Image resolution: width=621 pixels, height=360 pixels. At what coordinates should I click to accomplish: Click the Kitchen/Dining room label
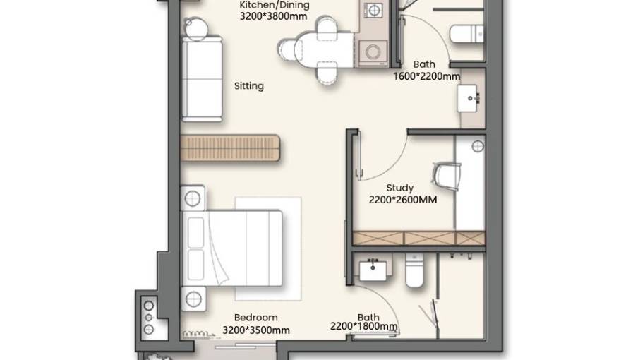coord(274,5)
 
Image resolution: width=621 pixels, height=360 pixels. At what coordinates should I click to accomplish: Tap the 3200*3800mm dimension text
coord(273,16)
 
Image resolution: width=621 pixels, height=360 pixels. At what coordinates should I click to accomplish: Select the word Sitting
coord(248,86)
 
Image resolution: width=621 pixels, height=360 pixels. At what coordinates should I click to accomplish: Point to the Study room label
coord(399,188)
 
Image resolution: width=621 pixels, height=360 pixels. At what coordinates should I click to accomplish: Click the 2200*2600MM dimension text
coord(403,200)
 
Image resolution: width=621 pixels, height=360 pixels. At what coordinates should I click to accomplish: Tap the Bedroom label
coord(255,318)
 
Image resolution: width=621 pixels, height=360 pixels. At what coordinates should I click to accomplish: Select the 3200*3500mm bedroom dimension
coord(256,330)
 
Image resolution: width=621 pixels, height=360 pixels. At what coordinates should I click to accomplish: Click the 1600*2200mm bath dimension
coord(426,76)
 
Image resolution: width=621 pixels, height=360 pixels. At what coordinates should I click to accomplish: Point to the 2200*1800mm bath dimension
coord(363,326)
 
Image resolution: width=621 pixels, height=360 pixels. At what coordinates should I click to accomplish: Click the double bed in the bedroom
coord(232,248)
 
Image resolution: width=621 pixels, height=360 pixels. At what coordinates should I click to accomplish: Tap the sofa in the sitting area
coord(202,78)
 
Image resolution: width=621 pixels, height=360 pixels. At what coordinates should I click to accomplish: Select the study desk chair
coord(446,176)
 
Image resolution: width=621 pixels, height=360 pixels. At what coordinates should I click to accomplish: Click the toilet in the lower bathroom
coord(415,270)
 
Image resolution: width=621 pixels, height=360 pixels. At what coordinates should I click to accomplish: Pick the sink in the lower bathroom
coord(373,270)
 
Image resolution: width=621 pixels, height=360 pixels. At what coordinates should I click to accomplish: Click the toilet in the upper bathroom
coord(466,34)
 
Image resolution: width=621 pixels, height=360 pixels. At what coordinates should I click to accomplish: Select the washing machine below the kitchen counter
coord(373,53)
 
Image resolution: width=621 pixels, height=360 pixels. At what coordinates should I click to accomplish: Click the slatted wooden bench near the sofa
coord(230,148)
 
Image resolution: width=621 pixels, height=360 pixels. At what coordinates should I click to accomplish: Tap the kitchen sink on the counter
coord(373,9)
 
